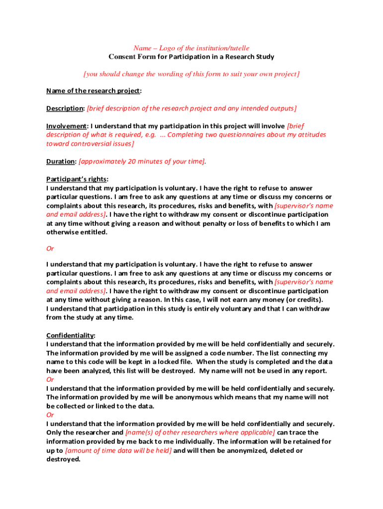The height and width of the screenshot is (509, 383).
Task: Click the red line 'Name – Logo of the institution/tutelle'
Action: pyautogui.click(x=191, y=48)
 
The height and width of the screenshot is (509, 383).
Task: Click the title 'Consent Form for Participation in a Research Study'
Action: pyautogui.click(x=191, y=57)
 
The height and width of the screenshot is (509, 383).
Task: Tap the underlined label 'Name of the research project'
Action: pyautogui.click(x=93, y=90)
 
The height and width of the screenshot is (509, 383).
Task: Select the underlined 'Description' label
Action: pyautogui.click(x=65, y=108)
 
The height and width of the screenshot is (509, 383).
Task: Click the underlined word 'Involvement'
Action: pyautogui.click(x=67, y=126)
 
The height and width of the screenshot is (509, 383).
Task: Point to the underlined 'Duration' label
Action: pyautogui.click(x=61, y=162)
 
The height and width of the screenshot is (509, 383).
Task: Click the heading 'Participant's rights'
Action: pyautogui.click(x=77, y=179)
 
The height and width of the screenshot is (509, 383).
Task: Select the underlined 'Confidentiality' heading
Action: pyautogui.click(x=70, y=335)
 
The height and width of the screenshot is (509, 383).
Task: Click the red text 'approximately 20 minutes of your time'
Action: pyautogui.click(x=142, y=162)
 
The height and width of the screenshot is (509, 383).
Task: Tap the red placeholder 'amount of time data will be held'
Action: pyautogui.click(x=118, y=450)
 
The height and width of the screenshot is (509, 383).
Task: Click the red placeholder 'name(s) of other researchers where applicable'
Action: pyautogui.click(x=200, y=432)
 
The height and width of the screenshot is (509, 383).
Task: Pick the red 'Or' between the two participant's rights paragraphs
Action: pyautogui.click(x=50, y=249)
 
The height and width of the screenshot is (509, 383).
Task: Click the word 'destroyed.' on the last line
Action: pyautogui.click(x=63, y=459)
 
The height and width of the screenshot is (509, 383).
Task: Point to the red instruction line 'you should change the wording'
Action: pyautogui.click(x=191, y=74)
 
